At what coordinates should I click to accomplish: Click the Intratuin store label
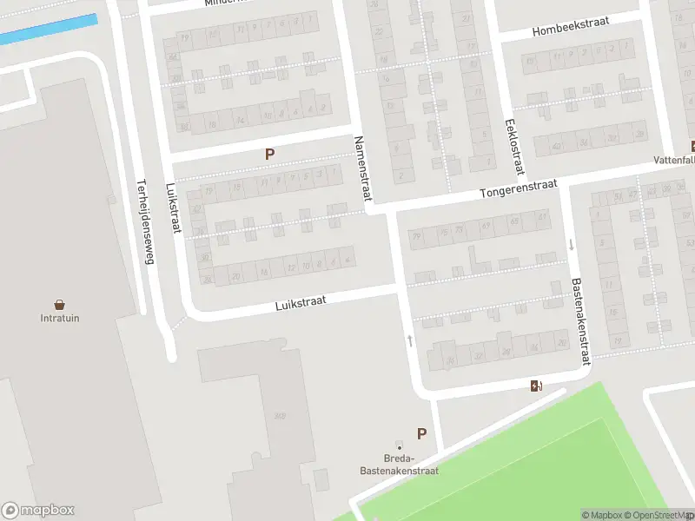click(60, 318)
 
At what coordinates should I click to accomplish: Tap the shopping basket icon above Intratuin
click(60, 304)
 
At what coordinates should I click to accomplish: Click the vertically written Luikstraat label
click(174, 208)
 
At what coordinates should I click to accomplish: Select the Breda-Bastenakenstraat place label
click(399, 465)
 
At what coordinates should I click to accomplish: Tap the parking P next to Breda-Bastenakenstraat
click(422, 434)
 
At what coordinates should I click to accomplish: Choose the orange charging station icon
click(536, 386)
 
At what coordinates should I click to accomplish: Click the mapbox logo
click(38, 511)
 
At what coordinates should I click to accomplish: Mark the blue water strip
click(49, 30)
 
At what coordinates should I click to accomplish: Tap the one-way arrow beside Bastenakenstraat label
click(572, 245)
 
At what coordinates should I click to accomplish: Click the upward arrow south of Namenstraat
click(410, 340)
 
